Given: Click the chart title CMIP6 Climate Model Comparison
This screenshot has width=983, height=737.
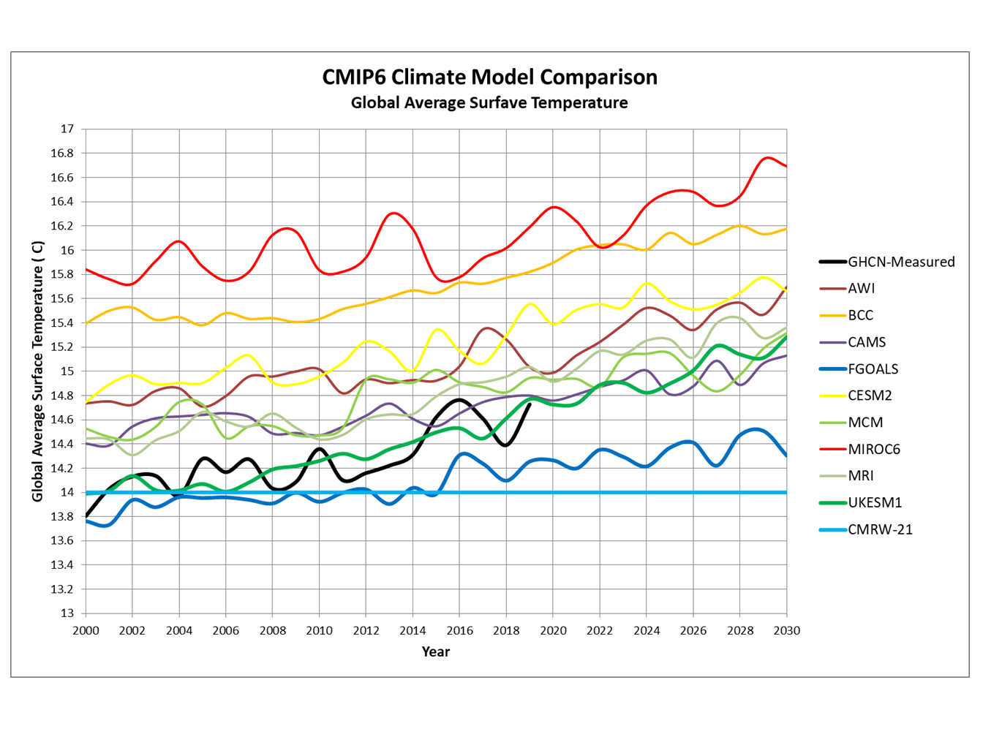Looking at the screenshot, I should pos(489,77).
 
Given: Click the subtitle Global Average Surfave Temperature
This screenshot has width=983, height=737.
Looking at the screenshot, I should pos(489,102).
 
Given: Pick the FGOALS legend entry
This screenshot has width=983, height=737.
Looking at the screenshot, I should pos(873,368).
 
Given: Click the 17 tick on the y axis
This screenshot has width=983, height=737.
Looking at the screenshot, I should pos(67,129).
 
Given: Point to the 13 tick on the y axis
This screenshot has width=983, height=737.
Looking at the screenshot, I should pos(67,613).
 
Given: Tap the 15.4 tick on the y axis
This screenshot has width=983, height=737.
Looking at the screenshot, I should pos(64,323).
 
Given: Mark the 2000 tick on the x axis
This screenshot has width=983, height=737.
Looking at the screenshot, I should pos(86,630).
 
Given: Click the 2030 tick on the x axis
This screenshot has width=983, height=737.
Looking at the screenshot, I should pos(786,630).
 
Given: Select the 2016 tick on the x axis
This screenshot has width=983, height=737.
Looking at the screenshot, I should pos(459,630).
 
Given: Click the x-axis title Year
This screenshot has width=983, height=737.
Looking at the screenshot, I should pos(435,651).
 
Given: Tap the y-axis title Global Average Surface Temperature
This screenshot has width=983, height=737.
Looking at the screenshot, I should pos(38,371).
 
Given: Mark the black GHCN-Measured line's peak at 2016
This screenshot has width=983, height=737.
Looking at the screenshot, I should pos(459,400).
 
